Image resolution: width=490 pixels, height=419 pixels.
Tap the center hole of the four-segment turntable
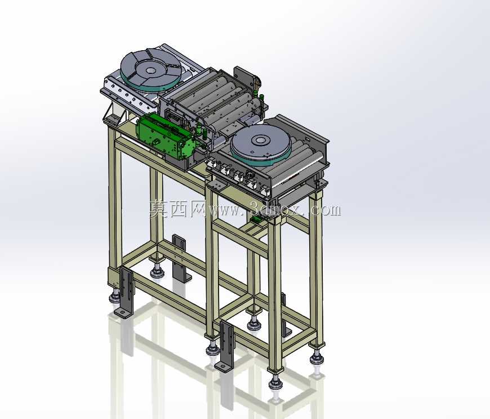tap(150, 70)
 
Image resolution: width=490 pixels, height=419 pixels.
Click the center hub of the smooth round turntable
tap(260, 140)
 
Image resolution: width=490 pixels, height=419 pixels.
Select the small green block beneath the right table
tap(257, 220)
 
